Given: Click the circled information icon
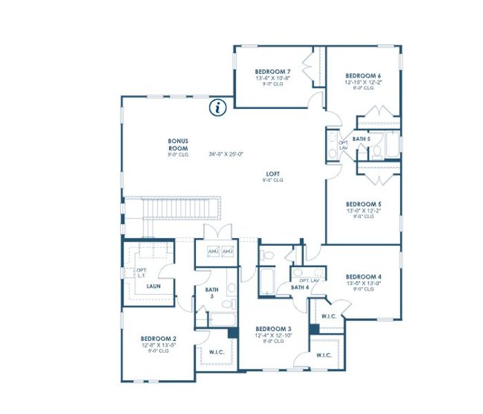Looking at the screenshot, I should (219, 107).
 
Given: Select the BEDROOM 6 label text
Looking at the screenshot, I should (363, 75).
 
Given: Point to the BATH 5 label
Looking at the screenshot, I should (362, 139).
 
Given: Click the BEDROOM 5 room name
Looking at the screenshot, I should (363, 204).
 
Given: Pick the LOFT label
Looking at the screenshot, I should (273, 174).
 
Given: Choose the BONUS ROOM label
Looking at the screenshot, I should (178, 145).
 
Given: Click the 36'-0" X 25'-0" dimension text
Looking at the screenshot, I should (226, 155).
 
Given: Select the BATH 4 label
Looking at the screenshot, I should (299, 287).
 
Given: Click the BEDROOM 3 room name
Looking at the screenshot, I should (273, 328).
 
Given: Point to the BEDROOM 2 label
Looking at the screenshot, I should (159, 338).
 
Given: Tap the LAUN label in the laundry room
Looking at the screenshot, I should (153, 285).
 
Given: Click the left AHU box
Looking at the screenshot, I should (213, 251).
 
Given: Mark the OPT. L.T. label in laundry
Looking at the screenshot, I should (141, 273).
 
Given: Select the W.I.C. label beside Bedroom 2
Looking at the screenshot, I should (216, 351).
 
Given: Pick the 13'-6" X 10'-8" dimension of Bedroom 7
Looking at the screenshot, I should (273, 79).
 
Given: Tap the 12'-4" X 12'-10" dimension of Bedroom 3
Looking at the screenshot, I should (273, 335).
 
